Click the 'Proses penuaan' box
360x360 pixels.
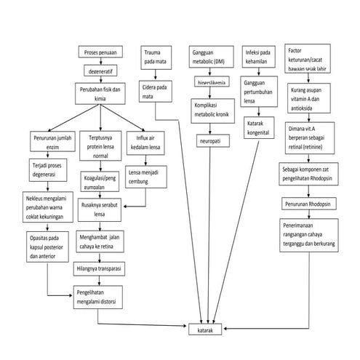click(x=100, y=54)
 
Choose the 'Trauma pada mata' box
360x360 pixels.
click(x=153, y=58)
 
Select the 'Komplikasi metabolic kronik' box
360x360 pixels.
click(x=212, y=108)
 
